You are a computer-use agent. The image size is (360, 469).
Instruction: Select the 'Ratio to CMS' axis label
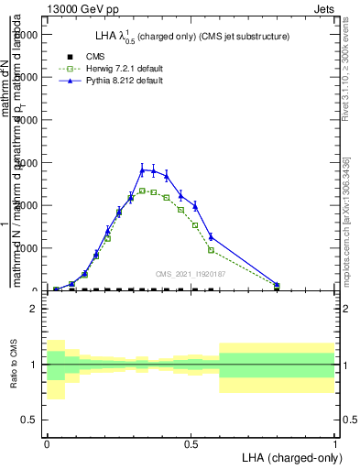(x=15, y=365)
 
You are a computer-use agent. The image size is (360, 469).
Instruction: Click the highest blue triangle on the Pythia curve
(x=142, y=169)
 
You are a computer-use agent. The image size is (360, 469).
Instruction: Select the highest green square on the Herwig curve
(x=142, y=191)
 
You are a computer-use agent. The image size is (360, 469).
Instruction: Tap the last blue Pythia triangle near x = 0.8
(x=277, y=285)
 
